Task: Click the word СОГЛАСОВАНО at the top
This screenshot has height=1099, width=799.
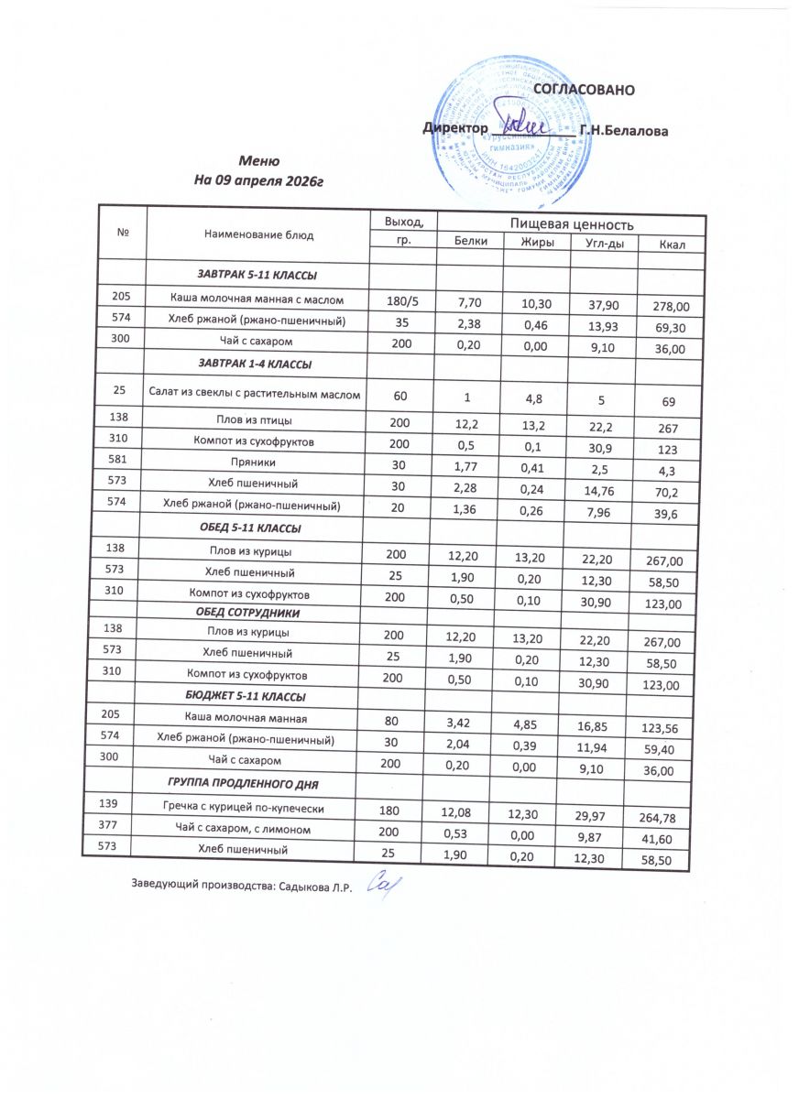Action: [584, 90]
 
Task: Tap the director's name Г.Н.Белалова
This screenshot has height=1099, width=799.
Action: [624, 131]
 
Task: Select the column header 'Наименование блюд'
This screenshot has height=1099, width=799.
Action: [257, 234]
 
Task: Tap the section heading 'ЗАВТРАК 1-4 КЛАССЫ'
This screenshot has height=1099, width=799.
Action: [256, 365]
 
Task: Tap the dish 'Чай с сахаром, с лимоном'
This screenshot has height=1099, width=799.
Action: [249, 830]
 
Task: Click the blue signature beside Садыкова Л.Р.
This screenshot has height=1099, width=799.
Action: [379, 887]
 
